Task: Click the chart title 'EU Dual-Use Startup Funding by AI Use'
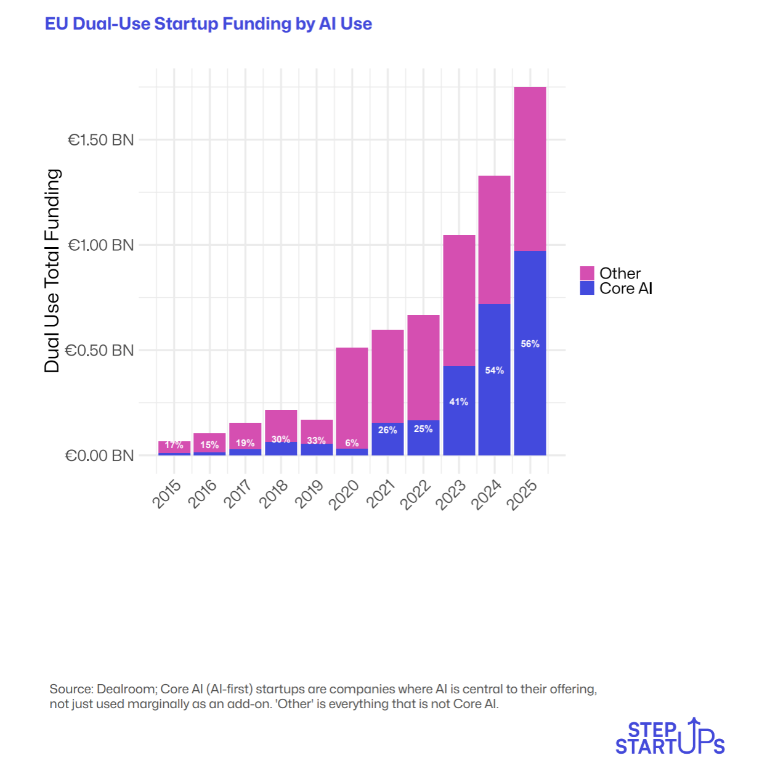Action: click(x=208, y=24)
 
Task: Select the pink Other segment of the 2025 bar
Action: click(x=530, y=169)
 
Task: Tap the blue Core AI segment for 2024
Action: click(x=494, y=394)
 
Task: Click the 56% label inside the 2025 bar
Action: click(x=530, y=344)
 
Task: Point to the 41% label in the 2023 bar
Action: click(x=458, y=402)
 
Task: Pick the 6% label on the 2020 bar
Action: click(x=352, y=443)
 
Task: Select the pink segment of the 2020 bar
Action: click(x=352, y=394)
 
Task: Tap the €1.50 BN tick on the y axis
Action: click(x=100, y=140)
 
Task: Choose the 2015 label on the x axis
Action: click(x=167, y=494)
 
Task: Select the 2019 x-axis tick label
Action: click(x=309, y=494)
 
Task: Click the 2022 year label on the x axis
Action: click(x=416, y=495)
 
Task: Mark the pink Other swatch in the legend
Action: click(x=587, y=273)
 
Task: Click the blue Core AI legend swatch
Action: click(x=587, y=288)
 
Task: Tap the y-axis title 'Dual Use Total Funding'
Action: click(x=52, y=271)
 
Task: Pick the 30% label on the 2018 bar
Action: click(x=280, y=439)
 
